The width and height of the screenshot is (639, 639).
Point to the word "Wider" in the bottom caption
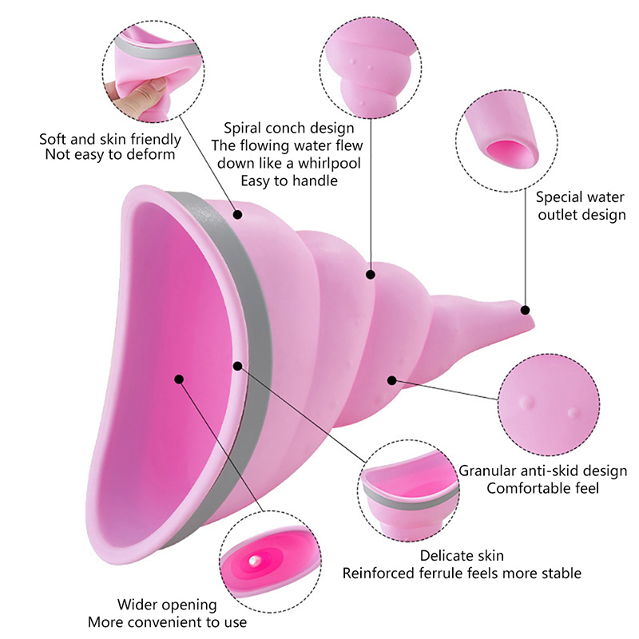pyautogui.click(x=137, y=605)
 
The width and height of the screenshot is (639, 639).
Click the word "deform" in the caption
pyautogui.click(x=153, y=155)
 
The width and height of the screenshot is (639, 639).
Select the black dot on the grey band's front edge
pyautogui.click(x=237, y=366)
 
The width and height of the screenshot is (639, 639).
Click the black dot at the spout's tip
pyautogui.click(x=526, y=309)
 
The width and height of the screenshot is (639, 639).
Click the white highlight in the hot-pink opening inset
pyautogui.click(x=254, y=563)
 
